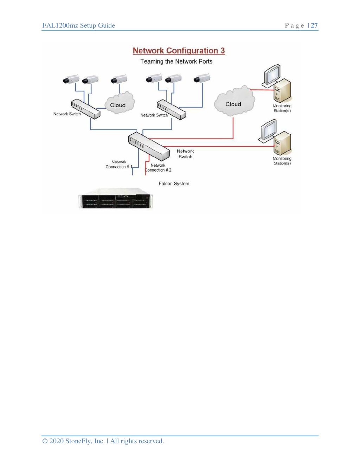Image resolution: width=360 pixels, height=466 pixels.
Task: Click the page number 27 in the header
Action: coord(314,25)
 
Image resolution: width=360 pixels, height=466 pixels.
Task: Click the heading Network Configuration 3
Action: coord(179,51)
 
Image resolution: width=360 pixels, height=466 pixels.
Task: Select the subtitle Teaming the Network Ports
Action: coord(176,62)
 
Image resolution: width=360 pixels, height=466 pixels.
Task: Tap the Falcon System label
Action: coord(174,184)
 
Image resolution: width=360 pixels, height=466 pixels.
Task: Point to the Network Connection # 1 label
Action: coord(119,165)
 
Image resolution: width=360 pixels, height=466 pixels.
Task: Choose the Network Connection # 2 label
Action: coord(158,168)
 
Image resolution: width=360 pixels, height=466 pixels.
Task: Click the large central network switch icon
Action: coord(149,146)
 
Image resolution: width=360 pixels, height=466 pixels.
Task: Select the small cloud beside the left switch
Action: coord(120,103)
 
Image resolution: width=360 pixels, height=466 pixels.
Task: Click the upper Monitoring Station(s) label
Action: coord(282,108)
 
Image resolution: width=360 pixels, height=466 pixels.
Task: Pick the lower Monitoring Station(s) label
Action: coord(282,161)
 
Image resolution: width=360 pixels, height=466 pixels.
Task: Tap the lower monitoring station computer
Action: coord(275,137)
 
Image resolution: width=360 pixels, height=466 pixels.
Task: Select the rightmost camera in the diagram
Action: coord(202,78)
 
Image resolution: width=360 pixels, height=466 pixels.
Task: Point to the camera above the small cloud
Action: coord(119,79)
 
